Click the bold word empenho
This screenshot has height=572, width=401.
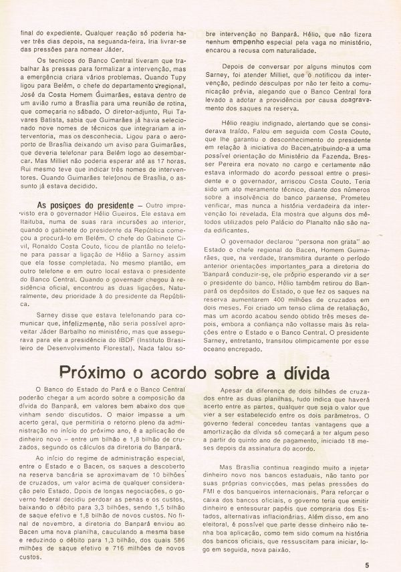[x=257, y=41]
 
